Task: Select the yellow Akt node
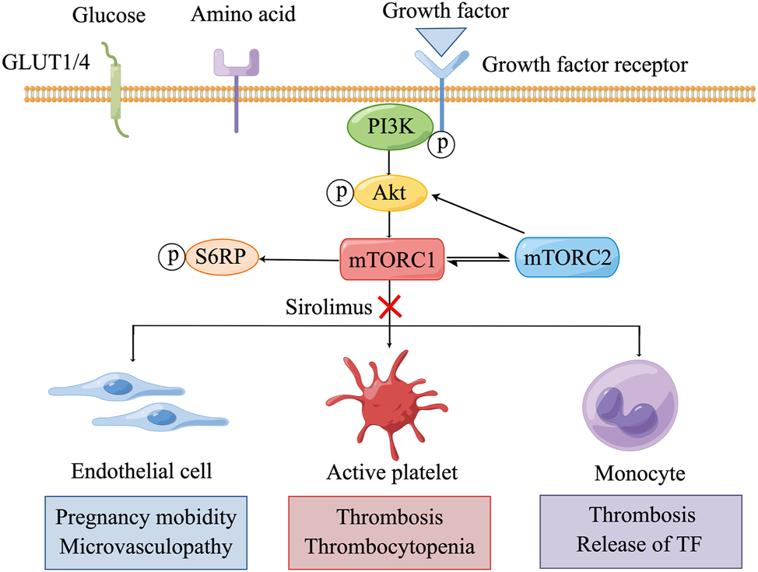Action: (389, 193)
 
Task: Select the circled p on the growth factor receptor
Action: (442, 145)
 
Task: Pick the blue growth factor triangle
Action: (441, 39)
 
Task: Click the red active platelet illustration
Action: (389, 393)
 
